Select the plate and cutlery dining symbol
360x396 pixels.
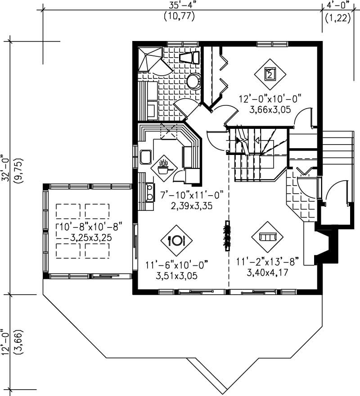click(176, 240)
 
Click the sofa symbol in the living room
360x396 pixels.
click(267, 236)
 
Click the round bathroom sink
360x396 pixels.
click(194, 82)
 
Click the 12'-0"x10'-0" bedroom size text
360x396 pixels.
click(269, 98)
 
